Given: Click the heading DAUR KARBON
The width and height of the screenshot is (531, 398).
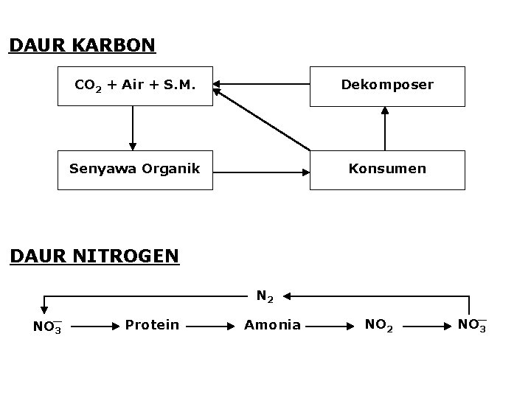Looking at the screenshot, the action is [82, 46].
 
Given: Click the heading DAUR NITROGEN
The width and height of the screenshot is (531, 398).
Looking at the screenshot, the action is [94, 256].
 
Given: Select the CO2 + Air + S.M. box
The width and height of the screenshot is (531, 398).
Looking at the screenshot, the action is [135, 85].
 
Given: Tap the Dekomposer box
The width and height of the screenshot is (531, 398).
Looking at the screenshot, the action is [387, 85].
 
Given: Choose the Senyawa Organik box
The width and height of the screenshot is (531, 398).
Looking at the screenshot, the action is [135, 170].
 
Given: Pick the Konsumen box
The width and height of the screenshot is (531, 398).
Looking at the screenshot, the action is [387, 170].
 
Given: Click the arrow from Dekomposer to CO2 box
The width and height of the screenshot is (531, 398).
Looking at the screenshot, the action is [262, 85].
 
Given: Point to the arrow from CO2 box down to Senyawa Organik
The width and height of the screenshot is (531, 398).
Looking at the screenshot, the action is [133, 128].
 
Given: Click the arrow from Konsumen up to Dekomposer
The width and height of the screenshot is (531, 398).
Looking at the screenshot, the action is [384, 128].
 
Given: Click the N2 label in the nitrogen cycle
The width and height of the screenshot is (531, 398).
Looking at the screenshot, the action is [265, 298].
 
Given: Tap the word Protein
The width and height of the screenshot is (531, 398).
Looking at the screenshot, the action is [152, 324].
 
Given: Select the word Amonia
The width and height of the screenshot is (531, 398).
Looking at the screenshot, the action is [272, 324].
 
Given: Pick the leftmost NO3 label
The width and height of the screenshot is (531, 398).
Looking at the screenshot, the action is [47, 326].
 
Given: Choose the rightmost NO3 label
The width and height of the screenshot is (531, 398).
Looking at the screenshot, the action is [471, 325].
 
